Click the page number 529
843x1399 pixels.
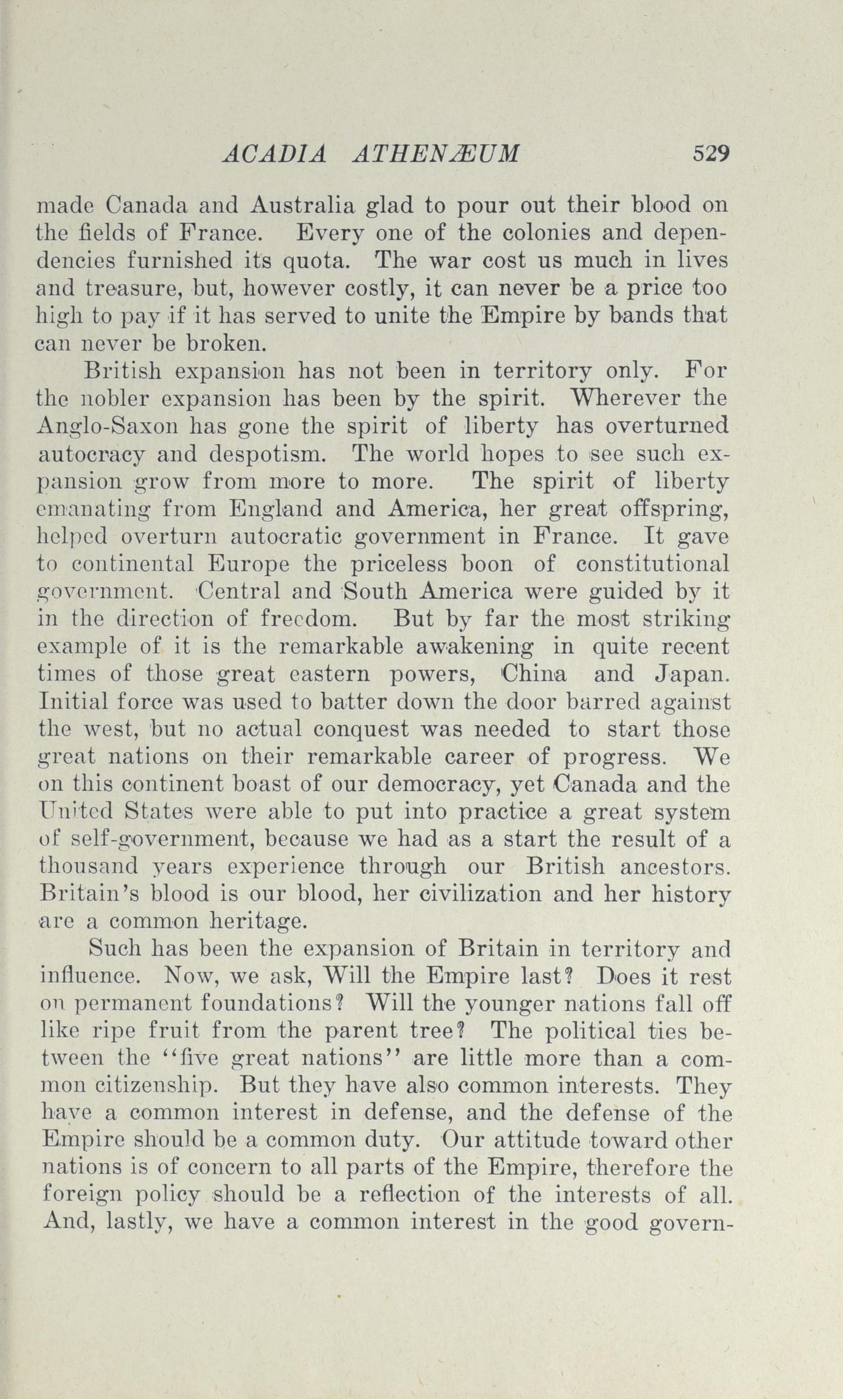click(710, 154)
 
